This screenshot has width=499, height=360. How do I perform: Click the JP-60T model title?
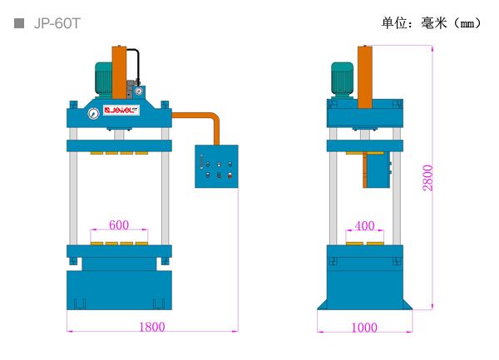57,23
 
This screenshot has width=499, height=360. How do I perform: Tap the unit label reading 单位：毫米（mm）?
431,23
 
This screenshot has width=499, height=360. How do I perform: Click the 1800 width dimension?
152,327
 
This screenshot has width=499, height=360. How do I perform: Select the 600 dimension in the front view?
119,224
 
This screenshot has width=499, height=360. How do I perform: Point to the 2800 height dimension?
427,178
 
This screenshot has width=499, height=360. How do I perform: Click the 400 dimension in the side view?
364,226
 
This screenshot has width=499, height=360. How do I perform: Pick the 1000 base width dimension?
364,328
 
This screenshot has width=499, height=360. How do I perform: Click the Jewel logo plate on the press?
121,110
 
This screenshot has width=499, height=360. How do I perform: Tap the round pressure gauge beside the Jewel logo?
93,114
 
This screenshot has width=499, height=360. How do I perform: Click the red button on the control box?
230,175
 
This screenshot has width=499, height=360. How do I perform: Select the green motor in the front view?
104,79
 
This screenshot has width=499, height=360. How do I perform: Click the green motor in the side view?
342,79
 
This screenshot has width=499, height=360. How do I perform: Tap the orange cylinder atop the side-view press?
365,77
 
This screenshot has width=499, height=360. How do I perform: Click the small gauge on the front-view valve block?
138,91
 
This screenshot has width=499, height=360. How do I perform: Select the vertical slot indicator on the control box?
201,162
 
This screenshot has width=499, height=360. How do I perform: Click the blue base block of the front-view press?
119,290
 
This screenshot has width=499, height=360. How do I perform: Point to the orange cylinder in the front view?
119,72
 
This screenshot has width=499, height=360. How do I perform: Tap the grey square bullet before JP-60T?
19,23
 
